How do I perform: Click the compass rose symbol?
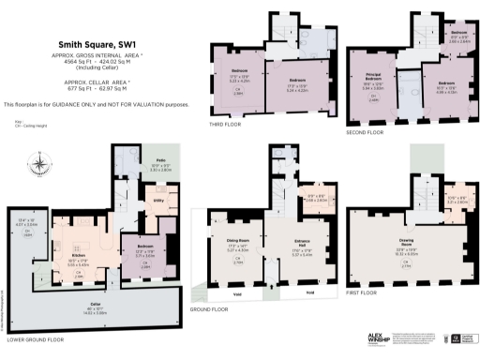(x=39, y=167)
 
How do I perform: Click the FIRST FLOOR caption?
(x=368, y=306)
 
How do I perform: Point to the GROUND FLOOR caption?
(x=207, y=308)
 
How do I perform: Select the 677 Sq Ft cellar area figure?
(x=50, y=94)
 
